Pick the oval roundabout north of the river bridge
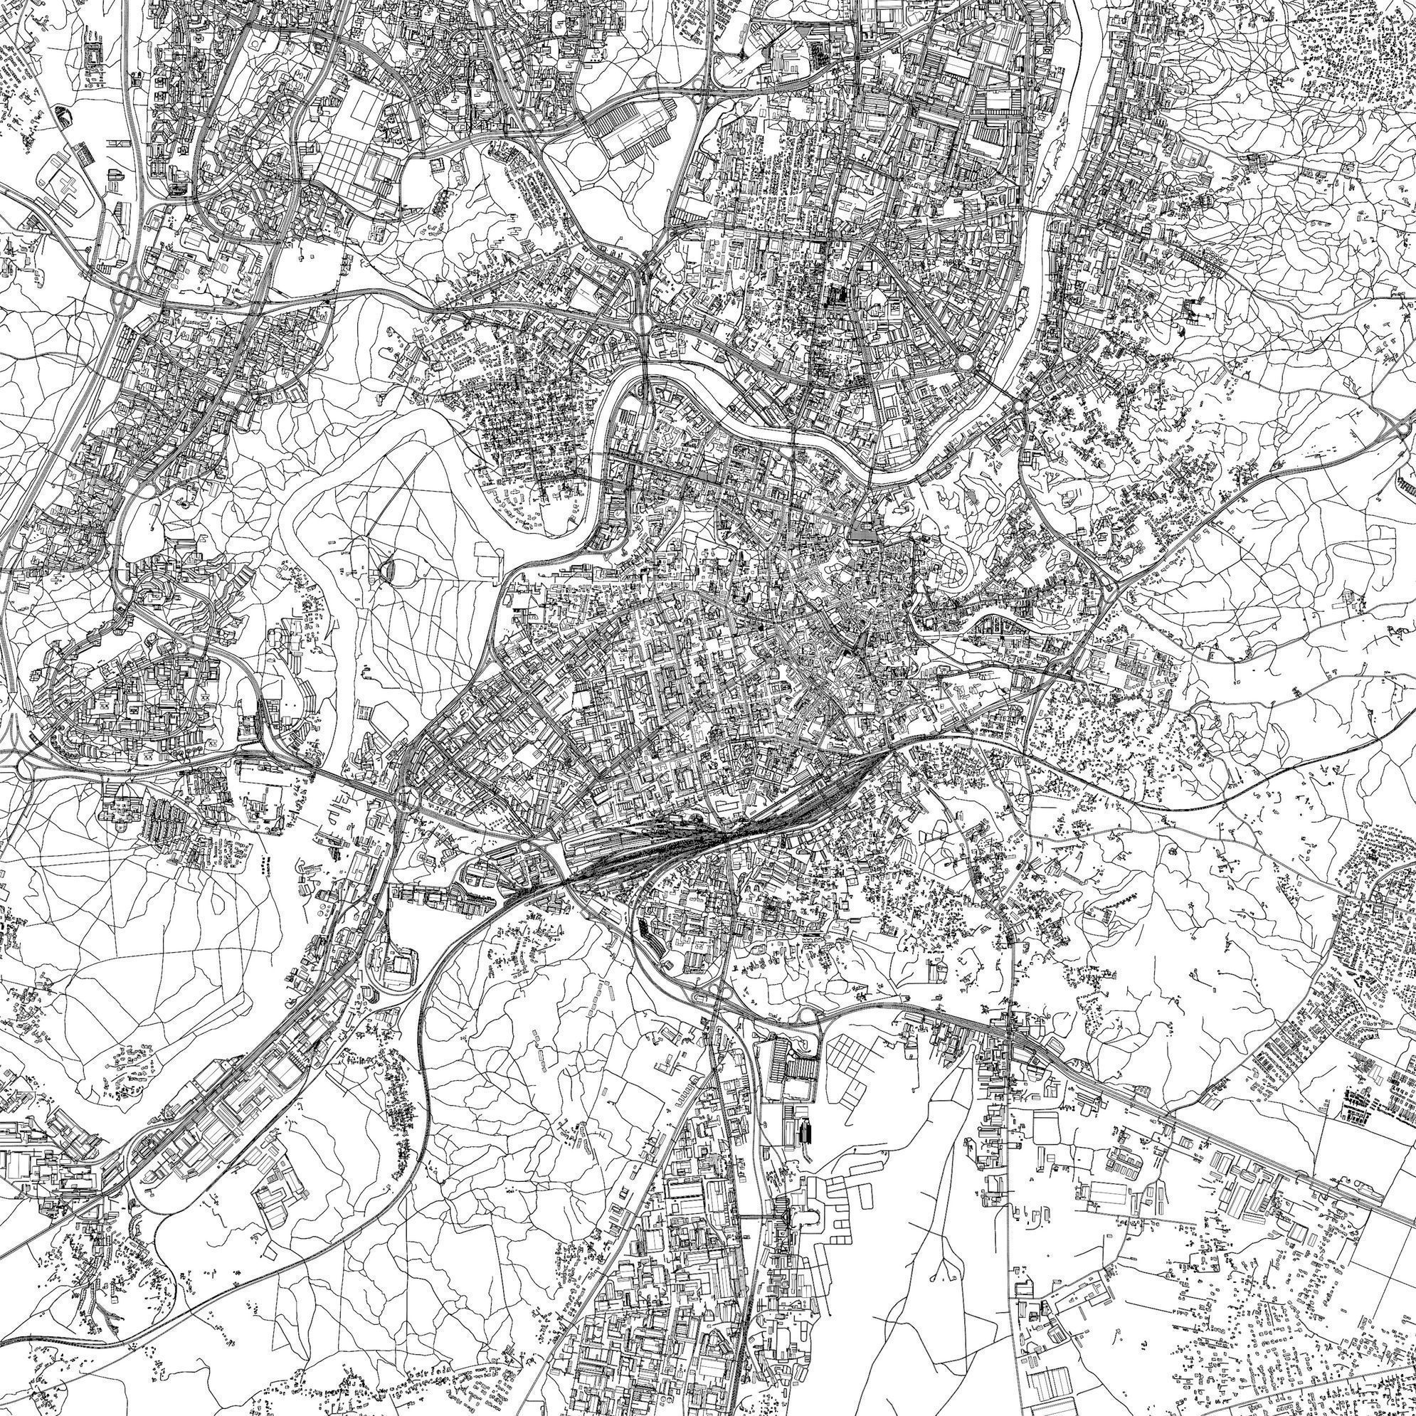point(639,323)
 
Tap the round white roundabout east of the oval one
point(965,362)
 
